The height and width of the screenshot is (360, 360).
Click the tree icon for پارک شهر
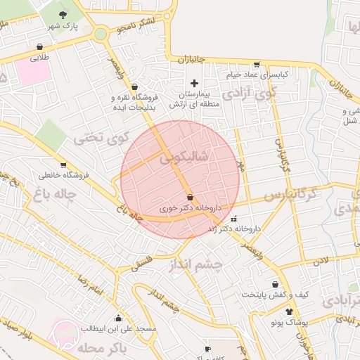pos(65,14)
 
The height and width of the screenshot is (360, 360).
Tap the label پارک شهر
pos(61,26)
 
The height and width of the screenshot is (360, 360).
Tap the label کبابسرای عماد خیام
pos(257,74)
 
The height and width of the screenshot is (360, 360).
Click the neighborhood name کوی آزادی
pos(249,92)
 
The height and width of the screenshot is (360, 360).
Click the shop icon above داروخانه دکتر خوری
pos(191,197)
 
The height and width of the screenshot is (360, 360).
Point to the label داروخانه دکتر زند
pos(235,229)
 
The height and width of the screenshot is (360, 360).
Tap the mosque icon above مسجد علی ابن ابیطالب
pos(118,318)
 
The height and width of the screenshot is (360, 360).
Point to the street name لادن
pos(321,262)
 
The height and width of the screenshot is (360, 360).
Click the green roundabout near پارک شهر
pos(101,33)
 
